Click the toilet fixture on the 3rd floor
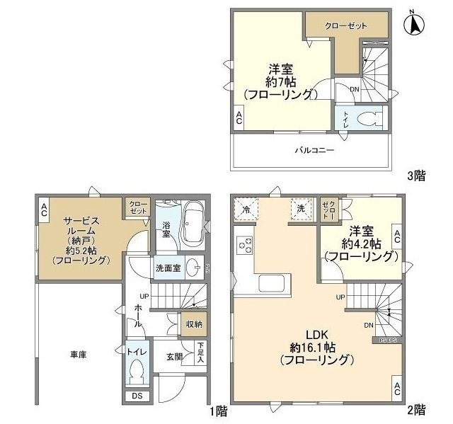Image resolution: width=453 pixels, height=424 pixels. [x=368, y=118]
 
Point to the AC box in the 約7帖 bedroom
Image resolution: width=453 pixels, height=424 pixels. [x=239, y=120]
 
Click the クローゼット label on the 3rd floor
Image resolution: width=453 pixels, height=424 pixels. [x=346, y=25]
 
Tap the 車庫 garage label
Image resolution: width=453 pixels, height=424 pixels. [x=78, y=353]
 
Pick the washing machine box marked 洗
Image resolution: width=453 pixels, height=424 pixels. [x=300, y=208]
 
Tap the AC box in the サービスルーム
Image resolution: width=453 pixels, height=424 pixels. [x=44, y=209]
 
